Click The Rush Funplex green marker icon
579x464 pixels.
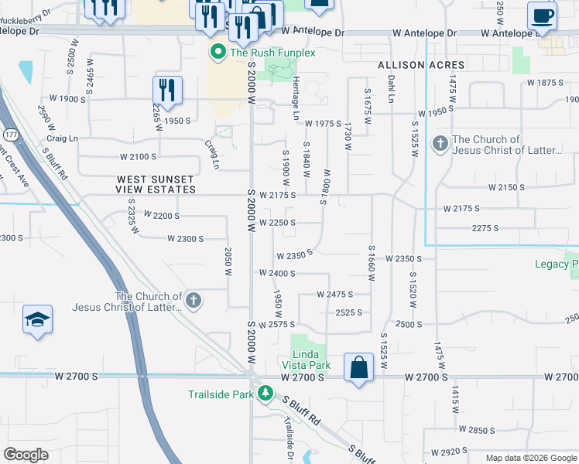[x=218, y=53]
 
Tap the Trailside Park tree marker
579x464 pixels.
[x=265, y=394]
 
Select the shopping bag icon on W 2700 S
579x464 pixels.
[x=360, y=367]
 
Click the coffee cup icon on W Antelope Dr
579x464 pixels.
[x=541, y=15]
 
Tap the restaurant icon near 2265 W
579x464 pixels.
[x=167, y=89]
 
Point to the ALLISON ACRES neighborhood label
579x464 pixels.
[x=421, y=66]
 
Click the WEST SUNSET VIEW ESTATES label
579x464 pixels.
[x=156, y=184]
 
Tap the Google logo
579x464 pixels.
[x=26, y=455]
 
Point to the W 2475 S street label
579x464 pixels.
[x=334, y=295]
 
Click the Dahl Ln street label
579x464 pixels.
[x=390, y=93]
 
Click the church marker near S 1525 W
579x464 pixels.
[x=440, y=144]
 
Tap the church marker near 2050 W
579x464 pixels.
[x=193, y=300]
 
